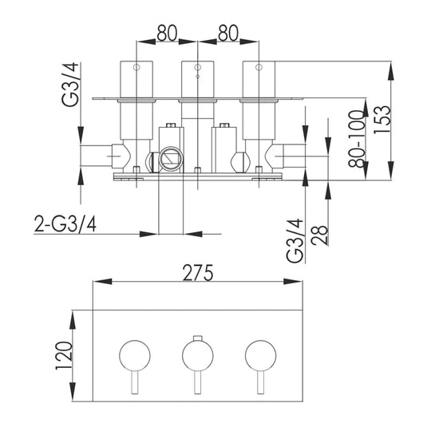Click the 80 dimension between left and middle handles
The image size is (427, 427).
tap(165, 34)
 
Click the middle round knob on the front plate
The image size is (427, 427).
tap(196, 352)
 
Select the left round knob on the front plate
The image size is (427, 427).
tap(133, 352)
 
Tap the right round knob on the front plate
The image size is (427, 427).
tap(260, 352)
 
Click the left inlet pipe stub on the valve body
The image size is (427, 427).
tap(97, 155)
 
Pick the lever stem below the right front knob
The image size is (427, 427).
tap(260, 382)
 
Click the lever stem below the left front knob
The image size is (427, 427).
tap(133, 382)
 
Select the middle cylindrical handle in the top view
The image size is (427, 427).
tap(196, 80)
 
